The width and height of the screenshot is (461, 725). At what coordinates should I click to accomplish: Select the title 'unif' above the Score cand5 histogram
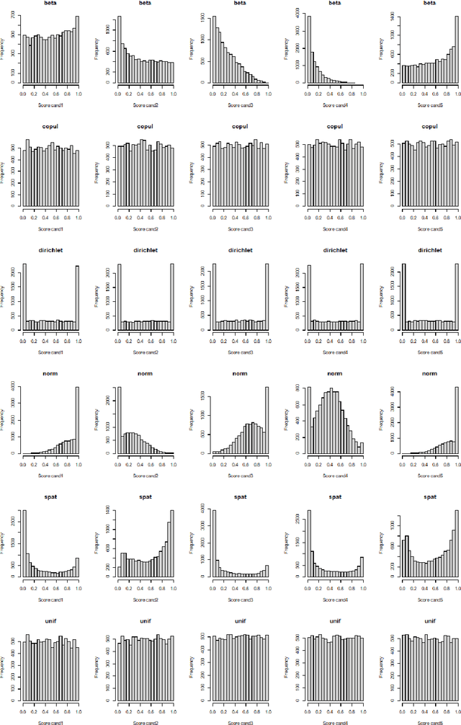click(x=431, y=621)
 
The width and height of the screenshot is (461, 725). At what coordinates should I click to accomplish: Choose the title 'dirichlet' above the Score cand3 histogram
click(x=241, y=251)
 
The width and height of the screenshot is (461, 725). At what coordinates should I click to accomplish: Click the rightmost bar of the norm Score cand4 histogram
click(x=362, y=448)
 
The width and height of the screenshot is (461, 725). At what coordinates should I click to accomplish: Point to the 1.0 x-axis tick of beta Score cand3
click(x=268, y=94)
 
